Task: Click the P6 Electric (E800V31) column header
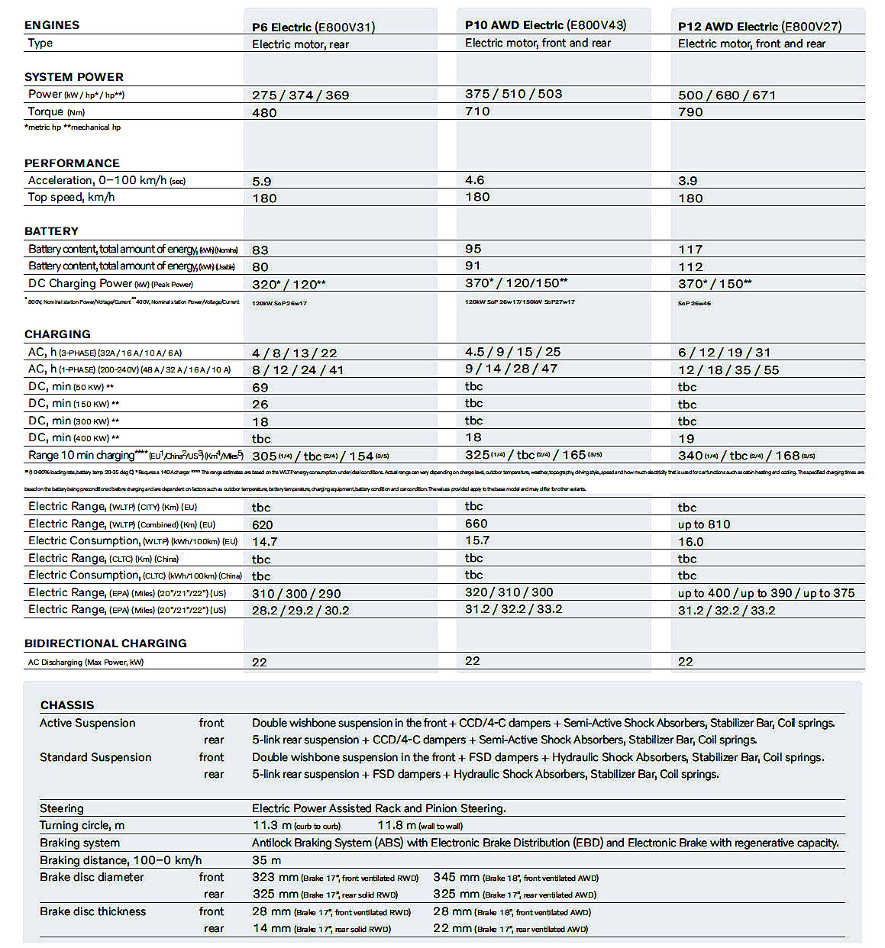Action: [313, 27]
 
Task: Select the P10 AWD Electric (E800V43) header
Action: [545, 25]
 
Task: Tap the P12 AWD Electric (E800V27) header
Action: [759, 27]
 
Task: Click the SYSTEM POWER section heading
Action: [74, 77]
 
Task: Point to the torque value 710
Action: [477, 111]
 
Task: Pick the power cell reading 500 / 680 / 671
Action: [726, 95]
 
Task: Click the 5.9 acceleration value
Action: [261, 182]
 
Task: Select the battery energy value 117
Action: [690, 250]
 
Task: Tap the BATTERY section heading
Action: [51, 231]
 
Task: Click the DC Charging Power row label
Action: [110, 284]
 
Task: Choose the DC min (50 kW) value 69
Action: [260, 388]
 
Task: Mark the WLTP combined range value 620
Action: [262, 525]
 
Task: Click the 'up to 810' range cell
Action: [703, 525]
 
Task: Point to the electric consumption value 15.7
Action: [476, 540]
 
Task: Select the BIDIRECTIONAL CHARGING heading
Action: [105, 643]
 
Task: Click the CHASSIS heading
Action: [67, 705]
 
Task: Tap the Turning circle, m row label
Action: [82, 825]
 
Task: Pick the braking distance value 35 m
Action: [266, 860]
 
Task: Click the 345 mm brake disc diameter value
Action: [456, 878]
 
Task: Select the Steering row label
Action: [62, 808]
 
